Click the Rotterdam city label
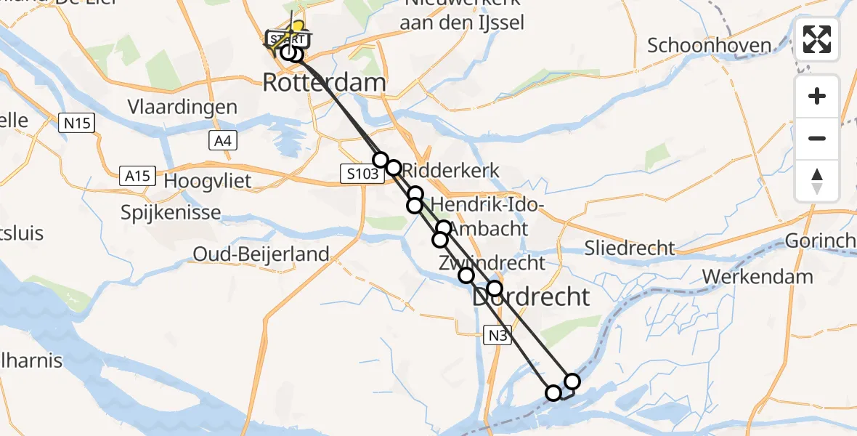tap(324, 82)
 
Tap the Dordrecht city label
tap(532, 296)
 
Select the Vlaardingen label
tap(182, 107)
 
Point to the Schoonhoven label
tap(709, 45)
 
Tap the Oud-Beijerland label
tap(261, 254)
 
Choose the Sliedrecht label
tap(630, 248)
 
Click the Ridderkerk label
tap(452, 171)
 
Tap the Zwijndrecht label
tap(491, 262)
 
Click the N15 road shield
tap(76, 124)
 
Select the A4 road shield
tap(223, 141)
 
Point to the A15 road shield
tap(137, 175)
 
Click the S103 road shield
tap(362, 174)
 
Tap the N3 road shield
tap(497, 334)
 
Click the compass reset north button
tap(817, 181)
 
